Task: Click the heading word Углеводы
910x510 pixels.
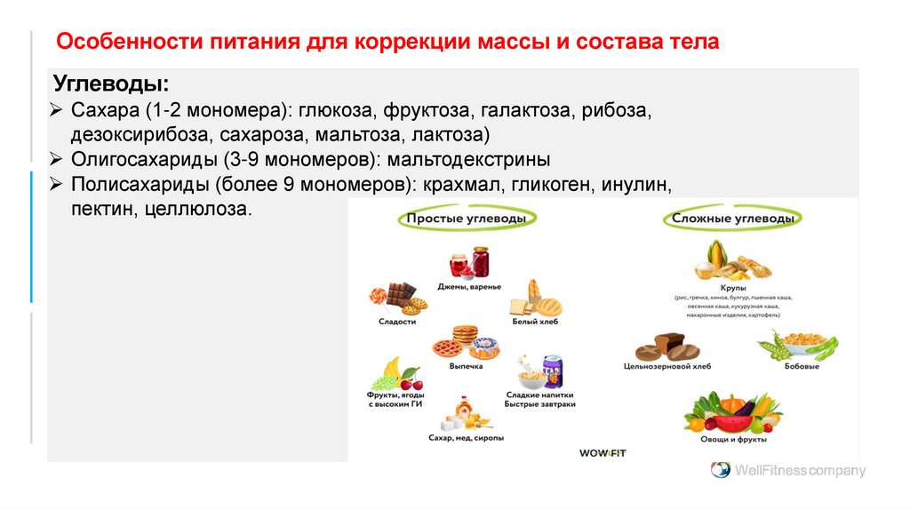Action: click(x=110, y=85)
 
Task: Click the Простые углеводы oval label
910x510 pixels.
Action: click(x=467, y=219)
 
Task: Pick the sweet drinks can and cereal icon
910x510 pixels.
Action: click(x=540, y=371)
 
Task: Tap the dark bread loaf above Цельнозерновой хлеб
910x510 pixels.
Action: click(x=667, y=346)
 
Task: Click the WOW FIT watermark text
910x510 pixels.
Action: click(x=603, y=453)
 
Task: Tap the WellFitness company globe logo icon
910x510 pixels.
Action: click(x=720, y=470)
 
